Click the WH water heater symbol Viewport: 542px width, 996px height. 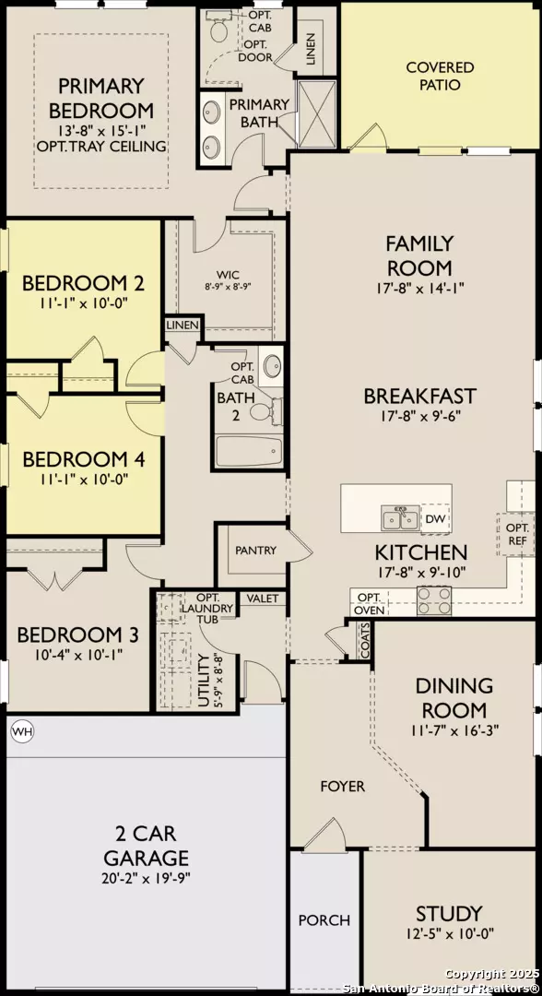click(20, 731)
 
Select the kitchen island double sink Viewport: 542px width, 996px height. click(401, 519)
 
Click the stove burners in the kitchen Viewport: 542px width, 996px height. click(435, 601)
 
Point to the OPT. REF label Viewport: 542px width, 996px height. click(516, 534)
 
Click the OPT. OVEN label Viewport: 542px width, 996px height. click(369, 603)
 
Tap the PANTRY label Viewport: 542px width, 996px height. click(255, 551)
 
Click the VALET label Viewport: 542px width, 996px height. click(262, 599)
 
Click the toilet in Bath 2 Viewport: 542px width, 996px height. click(262, 409)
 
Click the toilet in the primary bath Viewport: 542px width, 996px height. click(221, 30)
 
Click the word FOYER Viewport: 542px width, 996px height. click(343, 787)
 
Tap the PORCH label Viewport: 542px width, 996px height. click(324, 919)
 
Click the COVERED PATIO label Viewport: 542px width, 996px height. click(441, 76)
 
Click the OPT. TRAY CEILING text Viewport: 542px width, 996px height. click(101, 147)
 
